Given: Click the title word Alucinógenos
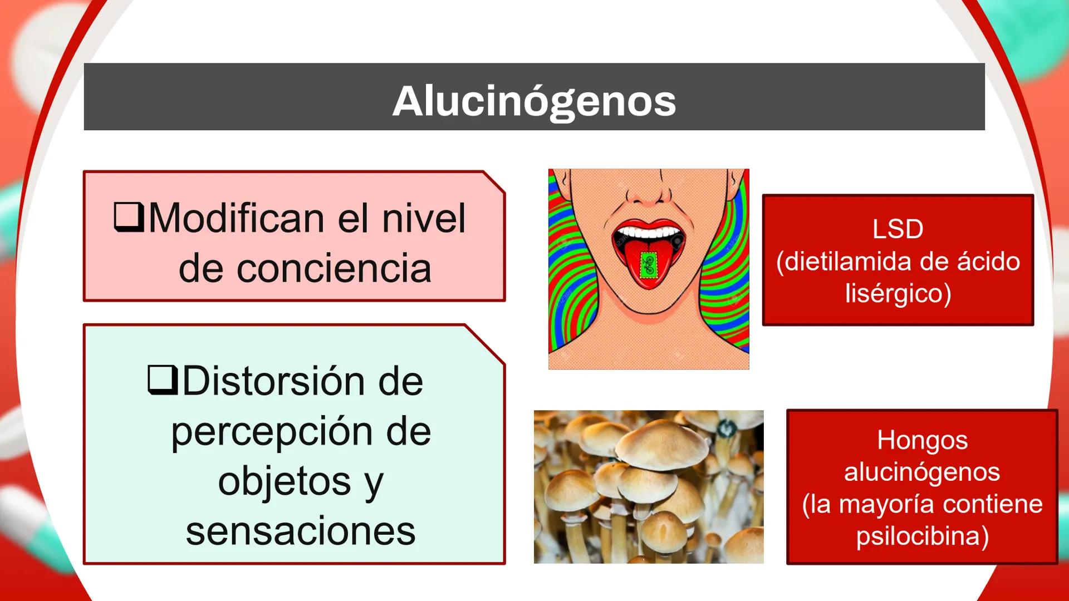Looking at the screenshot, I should point(534,101).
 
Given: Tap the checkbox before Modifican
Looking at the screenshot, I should point(129,216).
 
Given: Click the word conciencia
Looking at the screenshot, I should point(305,268).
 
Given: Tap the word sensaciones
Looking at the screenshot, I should point(301,531).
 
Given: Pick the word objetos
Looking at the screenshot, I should point(284,481).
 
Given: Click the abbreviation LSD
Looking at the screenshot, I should point(898,229).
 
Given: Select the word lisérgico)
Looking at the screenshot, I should point(898,293).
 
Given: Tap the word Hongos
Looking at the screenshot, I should point(922,440).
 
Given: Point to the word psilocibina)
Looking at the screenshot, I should point(922,535).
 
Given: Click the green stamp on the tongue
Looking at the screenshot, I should point(648,265).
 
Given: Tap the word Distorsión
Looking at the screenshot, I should point(276,381).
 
